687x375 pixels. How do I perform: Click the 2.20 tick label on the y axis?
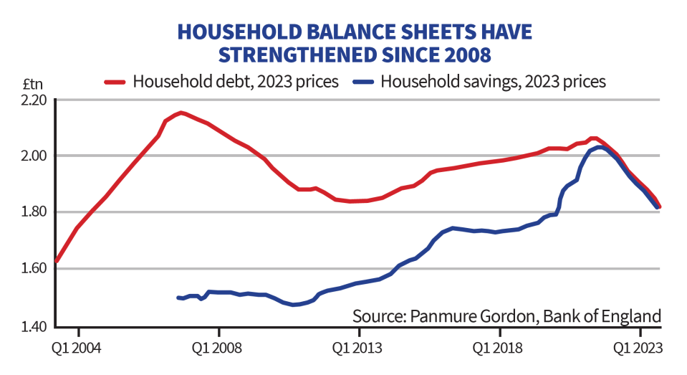coord(30,100)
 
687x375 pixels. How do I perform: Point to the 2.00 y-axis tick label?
coord(30,156)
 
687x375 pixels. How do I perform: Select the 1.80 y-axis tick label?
coord(30,212)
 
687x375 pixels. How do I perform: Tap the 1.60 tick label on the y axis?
coord(30,269)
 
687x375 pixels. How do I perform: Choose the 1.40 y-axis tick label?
coord(30,326)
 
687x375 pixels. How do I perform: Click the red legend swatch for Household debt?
coord(115,81)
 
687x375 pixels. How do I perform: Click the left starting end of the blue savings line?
coord(178,298)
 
